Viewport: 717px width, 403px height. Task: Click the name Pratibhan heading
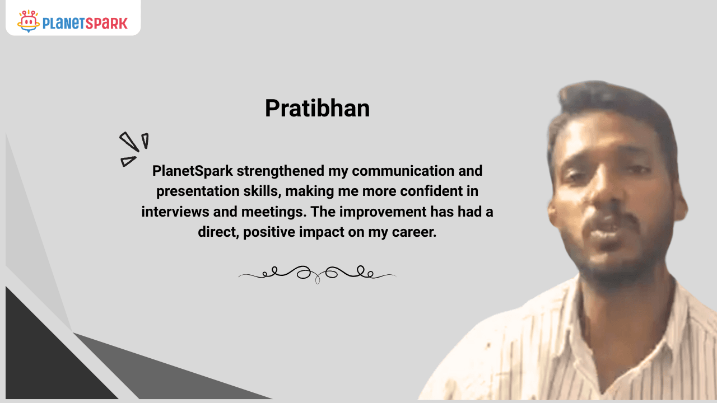coord(317,108)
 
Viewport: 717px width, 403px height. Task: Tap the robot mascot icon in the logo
coord(29,21)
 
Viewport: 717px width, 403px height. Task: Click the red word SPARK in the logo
coord(106,24)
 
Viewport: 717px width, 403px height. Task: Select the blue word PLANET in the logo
coord(64,24)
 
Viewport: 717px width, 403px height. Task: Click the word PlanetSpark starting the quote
coord(192,171)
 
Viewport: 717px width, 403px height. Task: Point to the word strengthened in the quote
coord(281,171)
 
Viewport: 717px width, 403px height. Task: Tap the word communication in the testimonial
coord(403,171)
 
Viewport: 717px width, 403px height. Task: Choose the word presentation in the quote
coord(198,191)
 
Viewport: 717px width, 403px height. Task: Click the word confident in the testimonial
coord(431,191)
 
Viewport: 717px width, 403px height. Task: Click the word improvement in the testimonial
coord(383,212)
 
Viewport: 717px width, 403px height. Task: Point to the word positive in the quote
coord(269,232)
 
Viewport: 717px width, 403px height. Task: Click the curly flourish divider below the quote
coord(318,274)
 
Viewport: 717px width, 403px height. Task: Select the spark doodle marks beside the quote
coord(134,149)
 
